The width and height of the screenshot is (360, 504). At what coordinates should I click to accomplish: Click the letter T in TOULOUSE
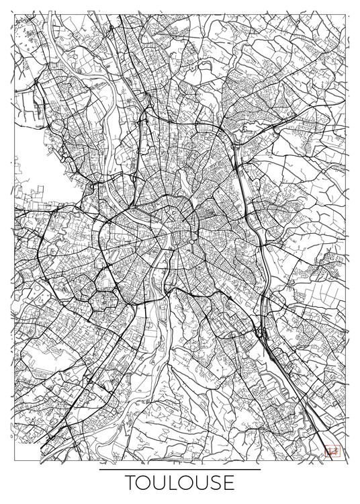pos(130,483)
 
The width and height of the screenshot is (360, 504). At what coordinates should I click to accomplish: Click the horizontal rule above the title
pos(179,470)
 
